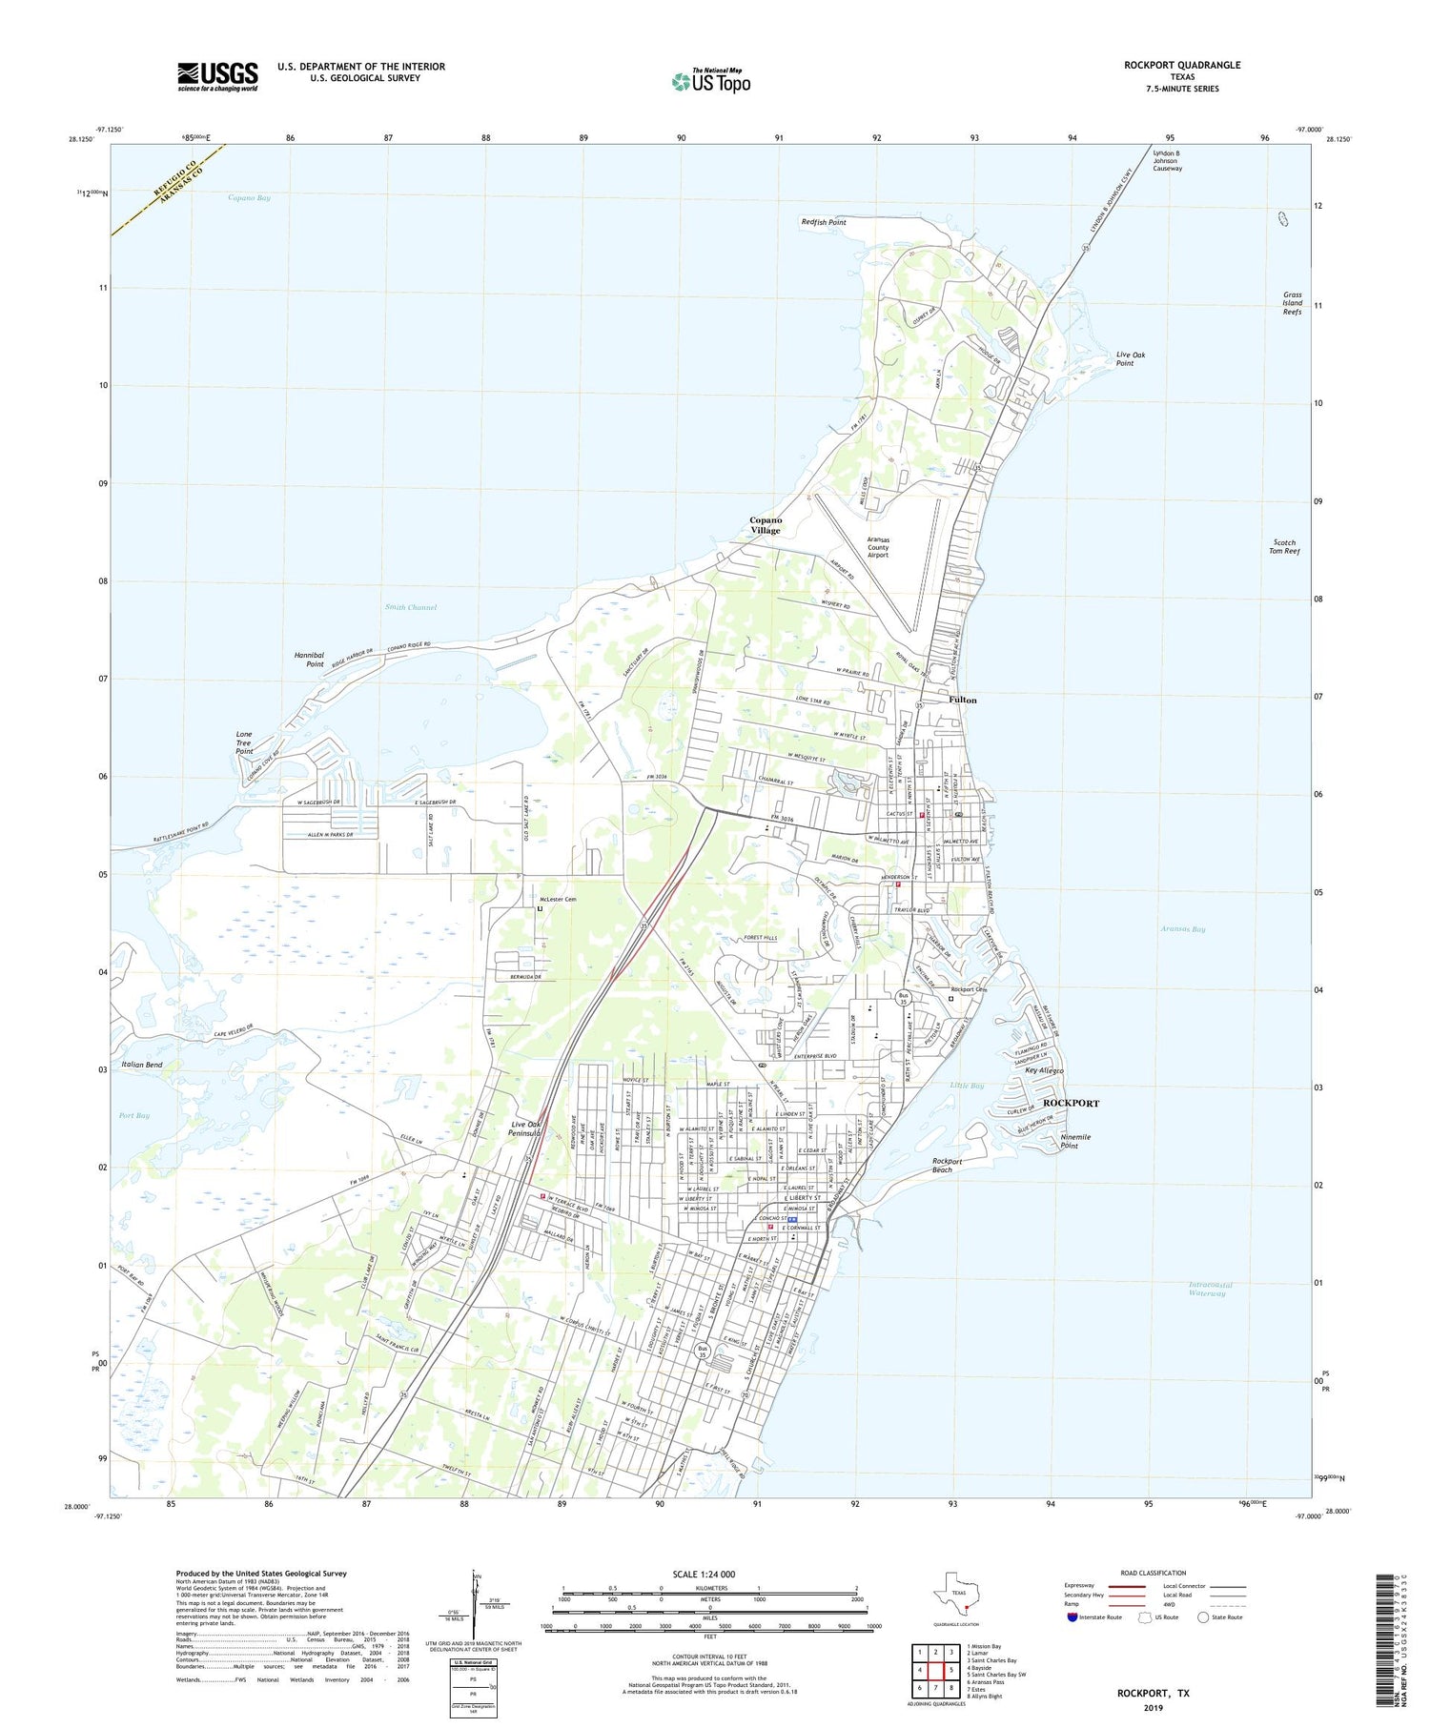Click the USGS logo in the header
[x=217, y=76]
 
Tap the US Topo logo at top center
[x=710, y=81]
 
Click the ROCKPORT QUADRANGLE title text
[x=1182, y=65]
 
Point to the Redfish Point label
[x=824, y=222]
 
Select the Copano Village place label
[x=766, y=525]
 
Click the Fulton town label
[x=963, y=700]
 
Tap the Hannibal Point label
[x=309, y=660]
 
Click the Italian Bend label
[x=142, y=1064]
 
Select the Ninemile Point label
[x=1075, y=1141]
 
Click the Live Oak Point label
[x=1131, y=358]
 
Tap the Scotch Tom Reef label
[x=1284, y=546]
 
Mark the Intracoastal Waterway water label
[x=1211, y=1289]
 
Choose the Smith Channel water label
[x=411, y=607]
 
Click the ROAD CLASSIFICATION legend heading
[x=1154, y=1573]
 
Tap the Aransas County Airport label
[x=877, y=547]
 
